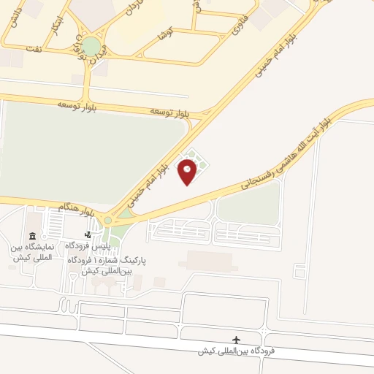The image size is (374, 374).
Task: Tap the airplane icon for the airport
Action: [x=236, y=340]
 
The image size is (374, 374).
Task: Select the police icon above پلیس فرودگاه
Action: [x=88, y=235]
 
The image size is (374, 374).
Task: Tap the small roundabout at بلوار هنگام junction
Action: [x=108, y=218]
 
